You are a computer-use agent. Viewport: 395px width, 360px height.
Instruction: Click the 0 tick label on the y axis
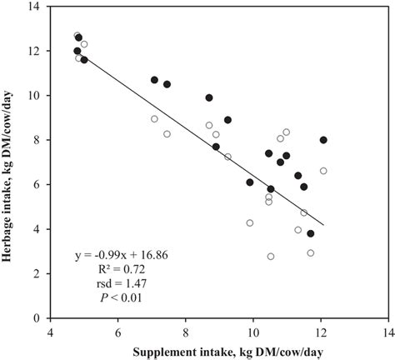[41, 317]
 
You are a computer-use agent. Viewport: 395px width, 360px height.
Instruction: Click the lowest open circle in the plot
[271, 257]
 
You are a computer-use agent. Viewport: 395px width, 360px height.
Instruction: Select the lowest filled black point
[311, 233]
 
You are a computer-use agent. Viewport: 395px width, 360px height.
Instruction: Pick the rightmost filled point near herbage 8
[323, 140]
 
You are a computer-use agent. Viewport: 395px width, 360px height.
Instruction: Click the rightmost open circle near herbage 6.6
[323, 171]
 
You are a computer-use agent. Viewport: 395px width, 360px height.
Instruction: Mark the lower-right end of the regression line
[323, 225]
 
